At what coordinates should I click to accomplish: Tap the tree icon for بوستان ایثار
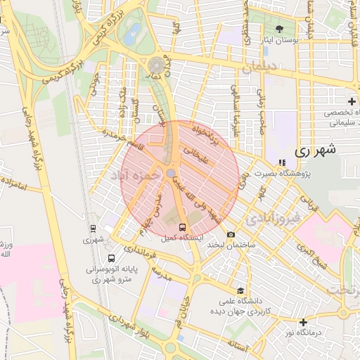[280, 29]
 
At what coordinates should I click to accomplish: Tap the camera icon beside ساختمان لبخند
[231, 234]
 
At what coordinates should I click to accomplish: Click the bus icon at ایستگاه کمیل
[183, 227]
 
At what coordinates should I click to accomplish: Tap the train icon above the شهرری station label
[93, 228]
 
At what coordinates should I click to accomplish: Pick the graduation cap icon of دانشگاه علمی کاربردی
[241, 290]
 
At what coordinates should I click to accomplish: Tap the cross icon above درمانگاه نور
[303, 321]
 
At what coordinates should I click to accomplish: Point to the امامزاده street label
[13, 184]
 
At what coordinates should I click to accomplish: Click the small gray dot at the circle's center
[171, 172]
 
